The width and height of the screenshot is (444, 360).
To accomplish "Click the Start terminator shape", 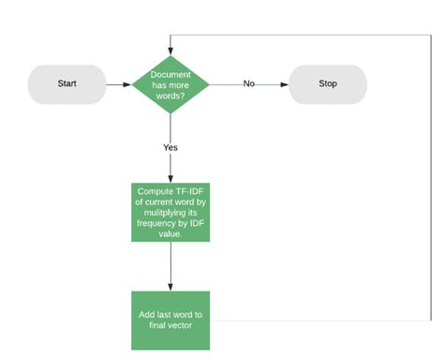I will (67, 83).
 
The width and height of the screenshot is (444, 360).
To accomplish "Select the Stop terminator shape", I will (327, 83).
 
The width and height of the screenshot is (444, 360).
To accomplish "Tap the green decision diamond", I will (170, 83).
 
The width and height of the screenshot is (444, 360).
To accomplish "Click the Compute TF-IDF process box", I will (170, 213).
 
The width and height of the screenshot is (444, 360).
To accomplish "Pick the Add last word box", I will (170, 321).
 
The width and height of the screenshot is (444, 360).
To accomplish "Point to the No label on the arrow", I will (249, 83).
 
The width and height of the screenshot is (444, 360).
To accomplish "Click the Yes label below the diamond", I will (170, 147).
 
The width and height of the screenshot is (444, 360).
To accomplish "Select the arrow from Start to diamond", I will (118, 83).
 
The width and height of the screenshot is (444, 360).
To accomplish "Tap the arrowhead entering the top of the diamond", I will (170, 48).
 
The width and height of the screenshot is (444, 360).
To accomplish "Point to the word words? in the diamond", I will (170, 94).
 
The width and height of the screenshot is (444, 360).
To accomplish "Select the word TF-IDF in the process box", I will (186, 191).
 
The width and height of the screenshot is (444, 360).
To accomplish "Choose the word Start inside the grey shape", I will (67, 83).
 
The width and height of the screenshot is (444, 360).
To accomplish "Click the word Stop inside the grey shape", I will (327, 83).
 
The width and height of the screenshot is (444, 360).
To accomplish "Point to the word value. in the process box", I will (170, 234).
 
